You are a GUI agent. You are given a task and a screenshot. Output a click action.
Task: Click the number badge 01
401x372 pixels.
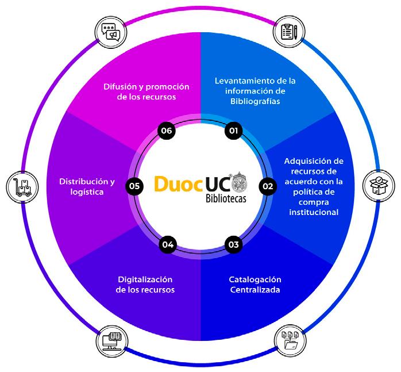click(233, 131)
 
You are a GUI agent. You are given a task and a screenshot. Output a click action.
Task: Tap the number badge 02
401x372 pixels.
click(267, 186)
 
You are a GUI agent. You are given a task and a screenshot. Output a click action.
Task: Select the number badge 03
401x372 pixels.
click(233, 244)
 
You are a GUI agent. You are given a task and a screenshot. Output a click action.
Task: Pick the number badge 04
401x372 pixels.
click(168, 244)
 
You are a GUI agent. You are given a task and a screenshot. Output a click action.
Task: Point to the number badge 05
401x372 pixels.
click(134, 186)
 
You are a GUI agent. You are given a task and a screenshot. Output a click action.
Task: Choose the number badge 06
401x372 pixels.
click(168, 131)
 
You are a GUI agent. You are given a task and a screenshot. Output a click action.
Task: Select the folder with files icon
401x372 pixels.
click(288, 340)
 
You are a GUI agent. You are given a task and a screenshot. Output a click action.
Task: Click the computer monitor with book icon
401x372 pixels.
click(111, 340)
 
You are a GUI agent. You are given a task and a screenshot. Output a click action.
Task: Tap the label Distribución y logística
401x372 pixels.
click(87, 187)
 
